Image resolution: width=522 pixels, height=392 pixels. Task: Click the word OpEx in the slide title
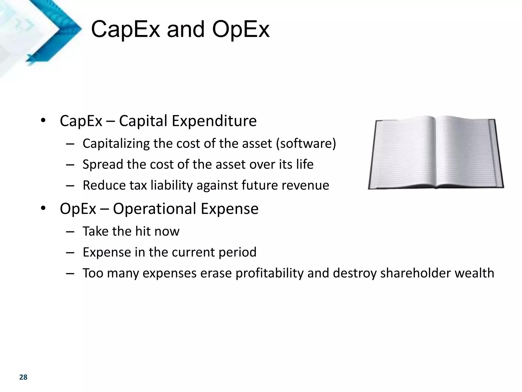[241, 30]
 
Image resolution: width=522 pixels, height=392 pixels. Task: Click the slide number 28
[23, 377]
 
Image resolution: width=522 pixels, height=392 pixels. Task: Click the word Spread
[103, 164]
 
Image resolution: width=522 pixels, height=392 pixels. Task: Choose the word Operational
[154, 209]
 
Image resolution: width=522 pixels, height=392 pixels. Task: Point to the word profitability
[269, 273]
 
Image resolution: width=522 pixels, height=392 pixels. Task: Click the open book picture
[436, 153]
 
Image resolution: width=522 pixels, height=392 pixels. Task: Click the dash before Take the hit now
[70, 231]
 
